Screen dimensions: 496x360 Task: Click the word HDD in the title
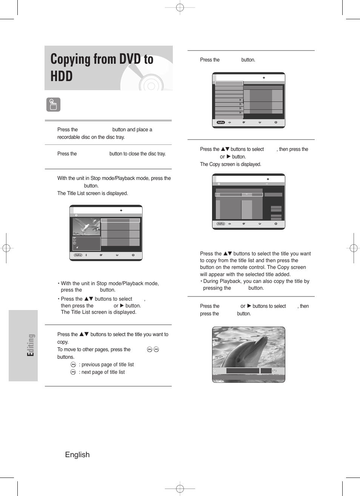click(62, 76)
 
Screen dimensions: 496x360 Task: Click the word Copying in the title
click(71, 59)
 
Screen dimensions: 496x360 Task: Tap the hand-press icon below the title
click(53, 104)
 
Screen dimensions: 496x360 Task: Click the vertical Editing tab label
click(31, 345)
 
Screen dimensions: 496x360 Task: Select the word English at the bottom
click(77, 455)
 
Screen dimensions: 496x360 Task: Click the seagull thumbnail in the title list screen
click(86, 226)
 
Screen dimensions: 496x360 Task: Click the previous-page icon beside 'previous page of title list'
click(73, 364)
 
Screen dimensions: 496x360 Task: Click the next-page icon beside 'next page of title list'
click(73, 372)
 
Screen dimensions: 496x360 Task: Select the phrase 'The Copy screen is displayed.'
click(231, 164)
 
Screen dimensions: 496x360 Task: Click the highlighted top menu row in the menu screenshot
click(229, 83)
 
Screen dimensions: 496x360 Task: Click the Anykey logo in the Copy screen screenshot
click(221, 224)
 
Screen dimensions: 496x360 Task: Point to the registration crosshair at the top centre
click(180, 7)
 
